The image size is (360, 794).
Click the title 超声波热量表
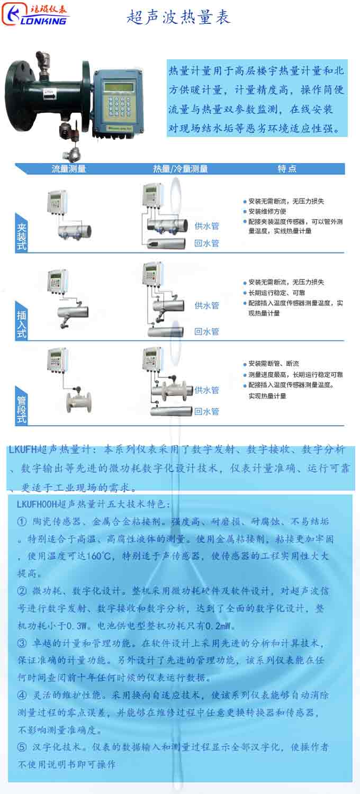(179, 17)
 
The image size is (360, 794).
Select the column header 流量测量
(69, 169)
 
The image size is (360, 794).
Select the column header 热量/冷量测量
(180, 169)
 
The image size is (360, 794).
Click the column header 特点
(287, 169)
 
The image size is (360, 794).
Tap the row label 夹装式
(21, 233)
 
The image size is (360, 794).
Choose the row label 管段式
(21, 404)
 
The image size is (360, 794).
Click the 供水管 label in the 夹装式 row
(206, 226)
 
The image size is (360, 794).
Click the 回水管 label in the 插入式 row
(206, 332)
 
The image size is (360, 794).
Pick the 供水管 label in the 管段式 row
(206, 390)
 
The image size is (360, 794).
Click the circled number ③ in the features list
(22, 644)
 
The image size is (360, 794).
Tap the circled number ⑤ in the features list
(22, 747)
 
